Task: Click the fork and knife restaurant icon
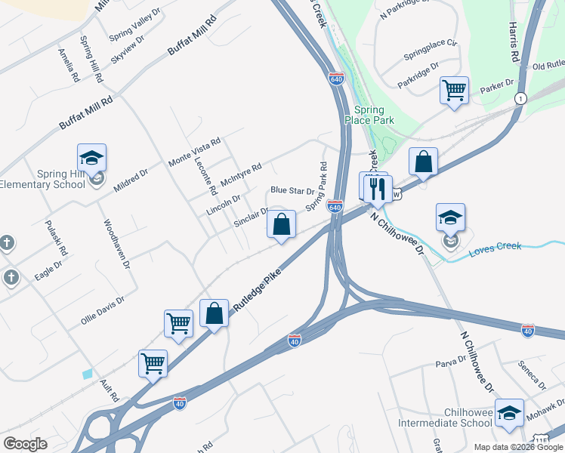coord(377,187)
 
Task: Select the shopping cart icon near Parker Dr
coord(454,91)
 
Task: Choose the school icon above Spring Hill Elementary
coord(91,157)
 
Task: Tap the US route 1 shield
coord(520,99)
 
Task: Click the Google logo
coord(25,444)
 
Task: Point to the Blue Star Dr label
coord(292,191)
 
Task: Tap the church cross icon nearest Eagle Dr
coord(11,277)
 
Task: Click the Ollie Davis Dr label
coord(102,311)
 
